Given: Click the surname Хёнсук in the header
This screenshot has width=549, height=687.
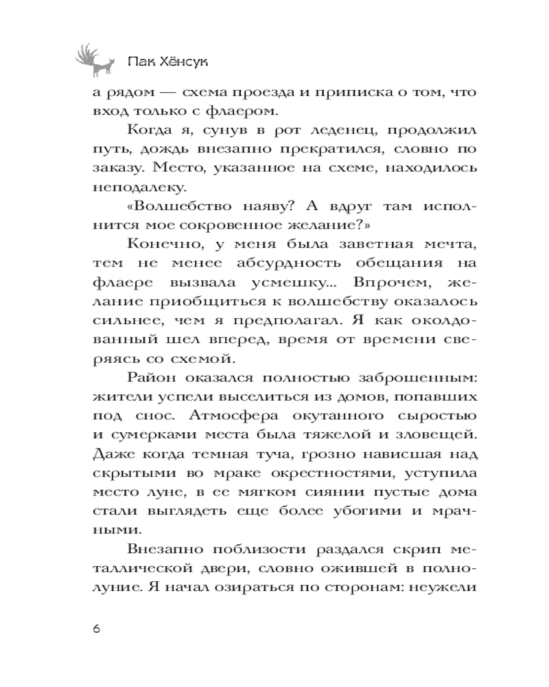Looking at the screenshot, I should [x=180, y=62].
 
